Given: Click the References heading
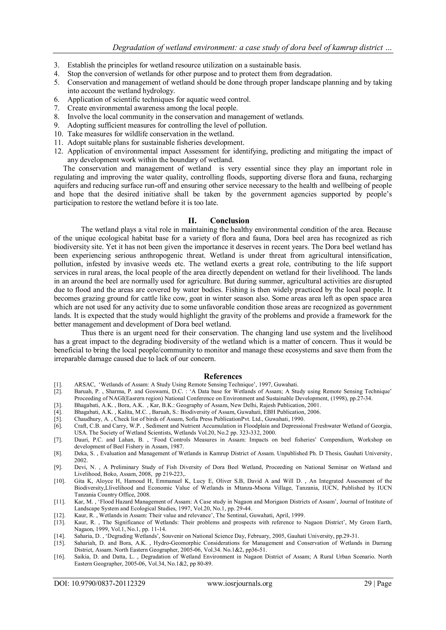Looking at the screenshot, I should [223, 376].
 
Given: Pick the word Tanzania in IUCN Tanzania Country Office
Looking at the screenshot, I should [85, 495].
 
